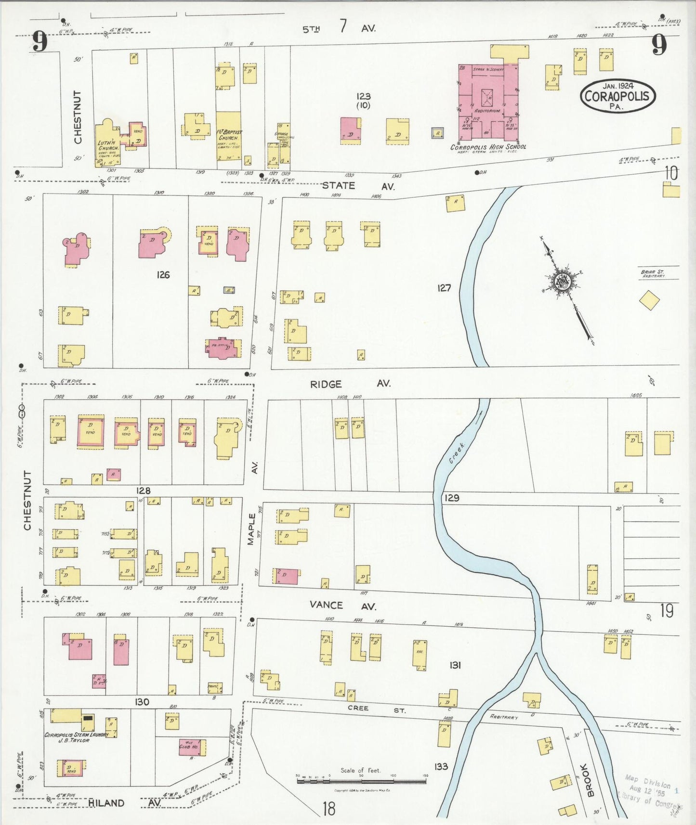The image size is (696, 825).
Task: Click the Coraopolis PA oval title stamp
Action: click(x=618, y=96)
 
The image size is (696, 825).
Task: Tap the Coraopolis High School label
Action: click(x=488, y=147)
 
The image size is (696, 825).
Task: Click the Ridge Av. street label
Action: click(x=349, y=384)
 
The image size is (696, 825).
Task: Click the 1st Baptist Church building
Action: click(x=228, y=136)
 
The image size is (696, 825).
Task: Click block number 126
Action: click(x=163, y=275)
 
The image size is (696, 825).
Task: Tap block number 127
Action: click(x=444, y=288)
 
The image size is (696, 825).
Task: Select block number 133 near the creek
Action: click(x=441, y=766)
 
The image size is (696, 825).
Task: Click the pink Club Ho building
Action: click(x=191, y=747)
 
